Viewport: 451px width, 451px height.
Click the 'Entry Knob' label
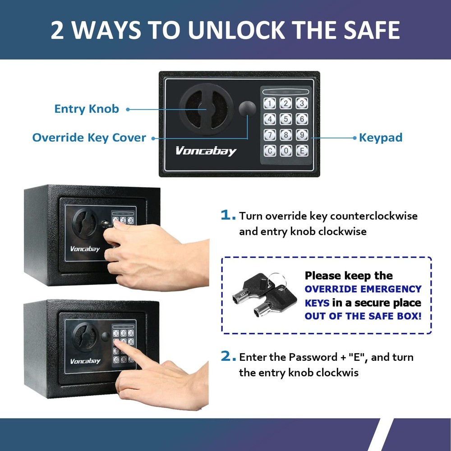[87, 109]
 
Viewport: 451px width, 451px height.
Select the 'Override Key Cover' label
[89, 138]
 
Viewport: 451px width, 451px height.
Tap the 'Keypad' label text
[380, 138]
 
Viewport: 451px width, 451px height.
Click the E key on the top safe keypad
[302, 151]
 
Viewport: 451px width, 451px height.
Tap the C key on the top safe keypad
[270, 151]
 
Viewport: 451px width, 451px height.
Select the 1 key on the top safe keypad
[270, 104]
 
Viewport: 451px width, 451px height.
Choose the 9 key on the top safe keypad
[302, 135]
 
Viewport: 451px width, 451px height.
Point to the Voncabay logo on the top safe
[206, 151]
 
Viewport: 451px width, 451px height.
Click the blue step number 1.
[228, 216]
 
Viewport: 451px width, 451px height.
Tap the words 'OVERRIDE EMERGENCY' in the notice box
[363, 289]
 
